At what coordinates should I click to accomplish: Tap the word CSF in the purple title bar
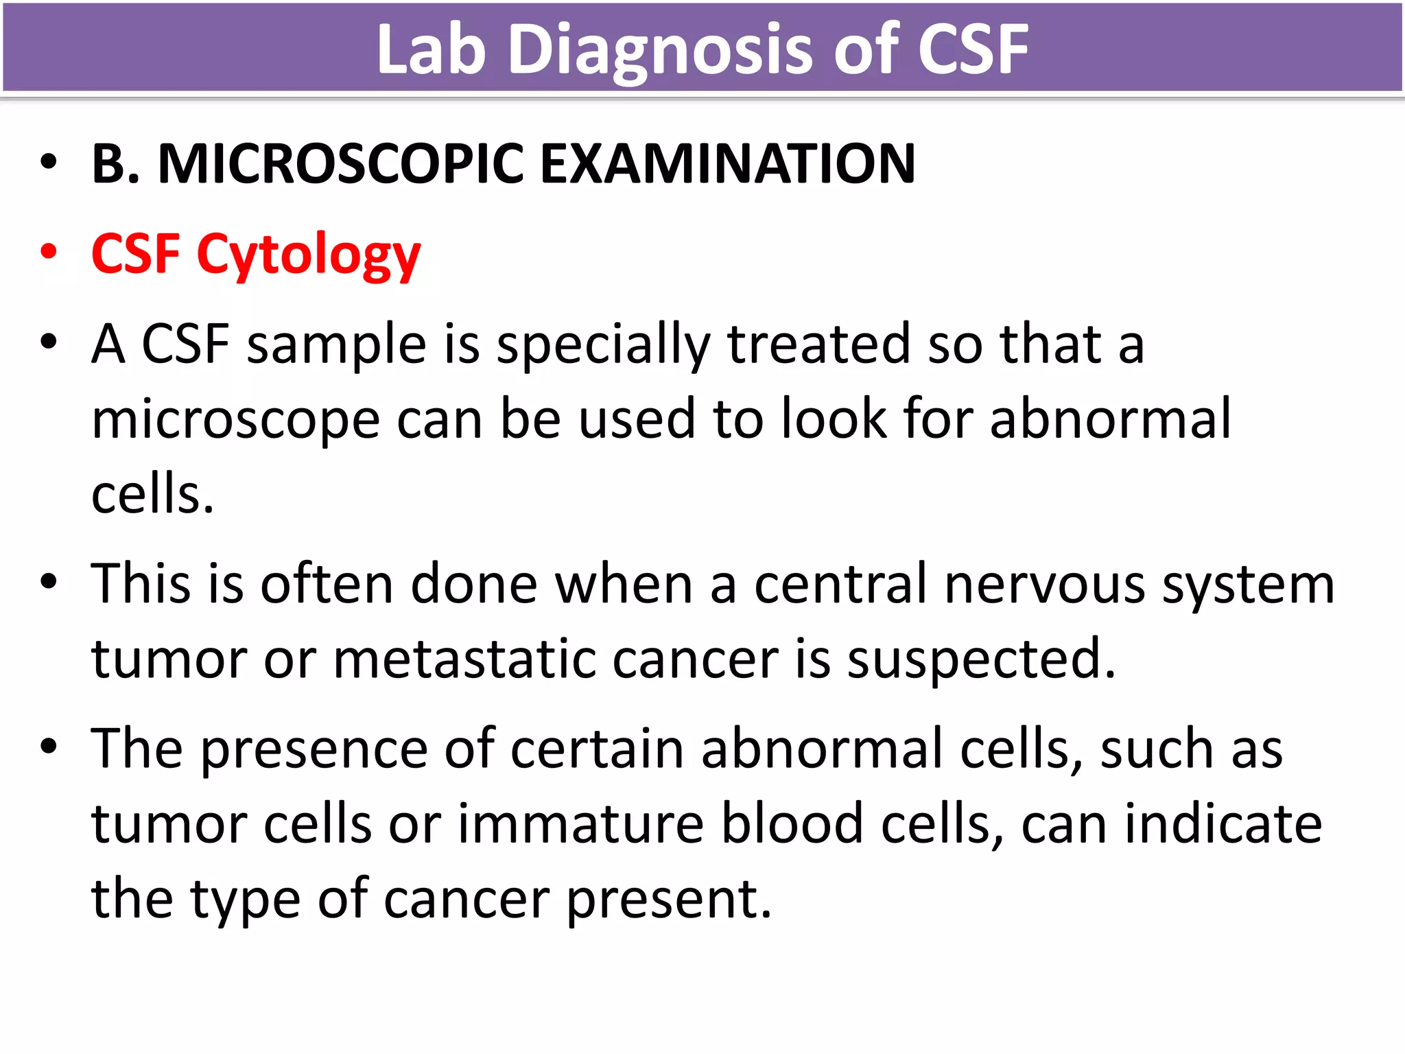click(x=972, y=49)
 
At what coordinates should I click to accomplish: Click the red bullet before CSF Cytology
click(x=48, y=252)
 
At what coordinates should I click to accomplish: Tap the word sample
click(x=337, y=345)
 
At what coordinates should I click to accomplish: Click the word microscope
click(x=235, y=420)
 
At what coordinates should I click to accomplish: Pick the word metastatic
click(x=464, y=659)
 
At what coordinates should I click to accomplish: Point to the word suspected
click(x=981, y=659)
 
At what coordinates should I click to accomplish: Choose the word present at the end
click(x=669, y=900)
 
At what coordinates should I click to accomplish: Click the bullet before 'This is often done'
click(x=48, y=583)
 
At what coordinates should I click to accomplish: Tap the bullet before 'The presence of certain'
click(x=48, y=747)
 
